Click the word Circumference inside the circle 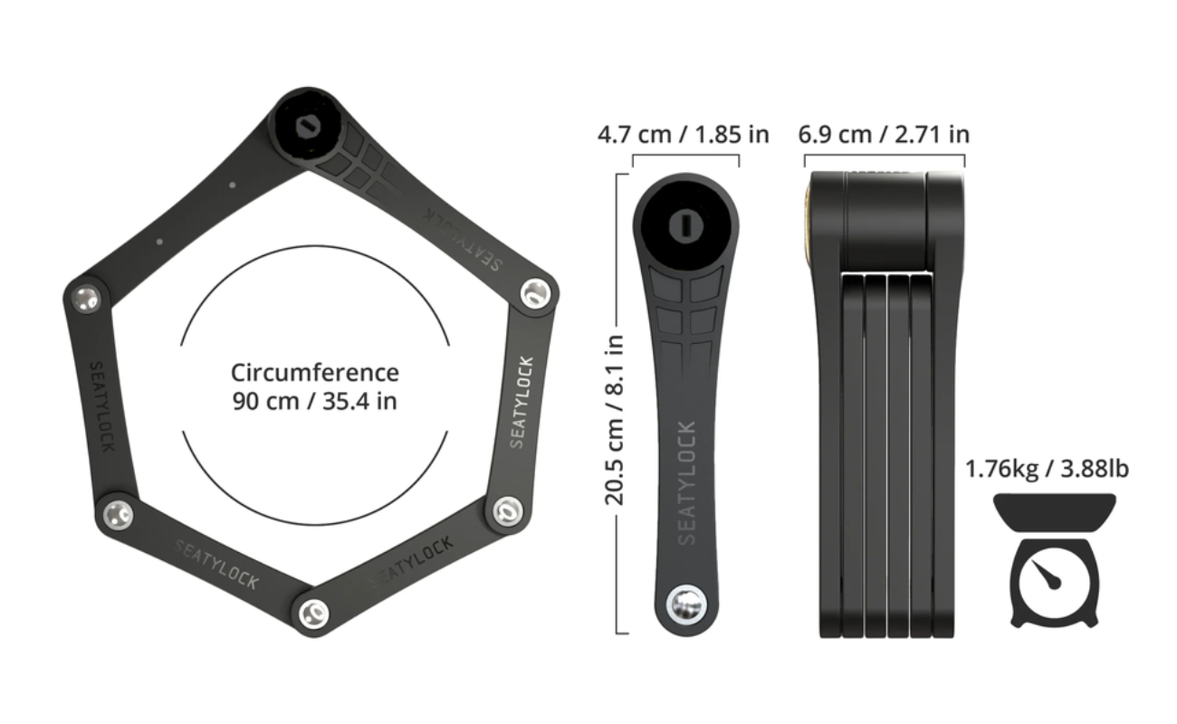pyautogui.click(x=314, y=373)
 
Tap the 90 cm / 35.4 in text pyautogui.click(x=314, y=400)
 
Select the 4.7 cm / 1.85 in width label pyautogui.click(x=684, y=135)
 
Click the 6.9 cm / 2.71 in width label pyautogui.click(x=884, y=135)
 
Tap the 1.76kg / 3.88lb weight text pyautogui.click(x=1047, y=469)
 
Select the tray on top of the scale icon pyautogui.click(x=1054, y=510)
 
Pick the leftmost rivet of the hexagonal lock pyautogui.click(x=87, y=298)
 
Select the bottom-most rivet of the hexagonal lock pyautogui.click(x=311, y=612)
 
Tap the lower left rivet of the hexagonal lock pyautogui.click(x=118, y=514)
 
